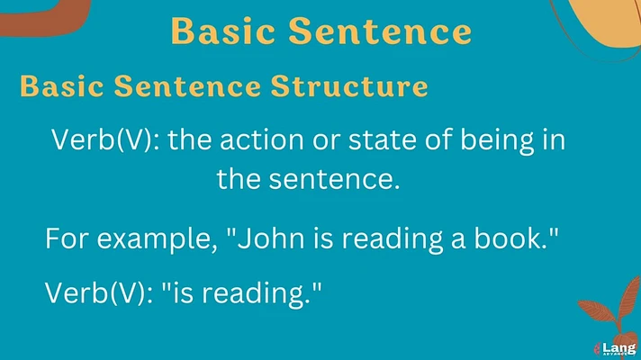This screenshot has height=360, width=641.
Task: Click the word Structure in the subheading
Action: coord(349,85)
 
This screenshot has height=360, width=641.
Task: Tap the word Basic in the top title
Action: coord(222,31)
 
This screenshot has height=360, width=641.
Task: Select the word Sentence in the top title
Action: coord(380,31)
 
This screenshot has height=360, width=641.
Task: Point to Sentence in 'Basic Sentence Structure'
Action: coord(187,85)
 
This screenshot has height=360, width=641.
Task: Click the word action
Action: coord(262,139)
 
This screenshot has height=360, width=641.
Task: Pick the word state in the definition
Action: coord(383,139)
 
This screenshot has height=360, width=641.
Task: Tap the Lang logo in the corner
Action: coord(615,348)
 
